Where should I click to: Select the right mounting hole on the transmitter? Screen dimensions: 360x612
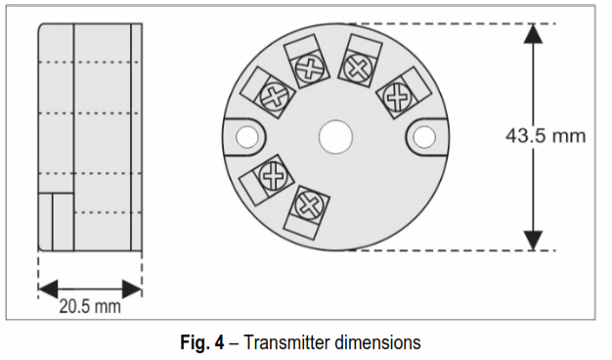pyautogui.click(x=424, y=136)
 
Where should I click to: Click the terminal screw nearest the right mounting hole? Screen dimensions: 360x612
pyautogui.click(x=397, y=96)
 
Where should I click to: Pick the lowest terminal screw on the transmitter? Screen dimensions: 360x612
pyautogui.click(x=311, y=206)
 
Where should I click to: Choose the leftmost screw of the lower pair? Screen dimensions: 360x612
pyautogui.click(x=271, y=176)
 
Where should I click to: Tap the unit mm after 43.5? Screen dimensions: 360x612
pyautogui.click(x=570, y=136)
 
